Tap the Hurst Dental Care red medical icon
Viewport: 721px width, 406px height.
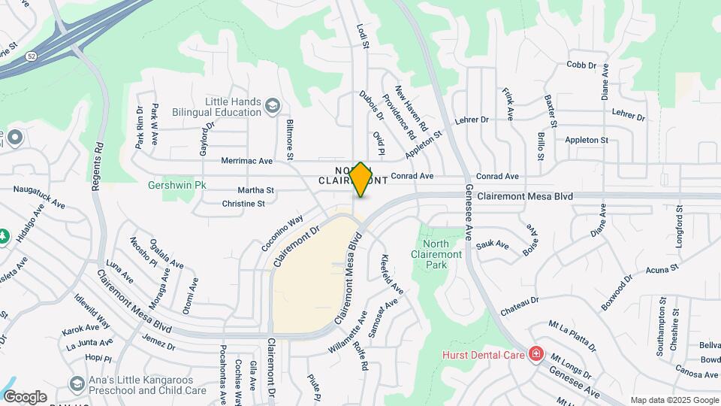coord(535,353)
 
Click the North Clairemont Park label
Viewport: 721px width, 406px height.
coord(436,254)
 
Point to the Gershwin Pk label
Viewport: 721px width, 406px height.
coord(176,184)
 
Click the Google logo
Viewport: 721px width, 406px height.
coord(25,396)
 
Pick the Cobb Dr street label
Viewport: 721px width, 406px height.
coord(581,65)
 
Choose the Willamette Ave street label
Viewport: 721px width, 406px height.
coord(347,337)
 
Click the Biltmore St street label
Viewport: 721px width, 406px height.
coord(290,138)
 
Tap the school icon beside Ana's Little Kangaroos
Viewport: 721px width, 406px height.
coord(76,384)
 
